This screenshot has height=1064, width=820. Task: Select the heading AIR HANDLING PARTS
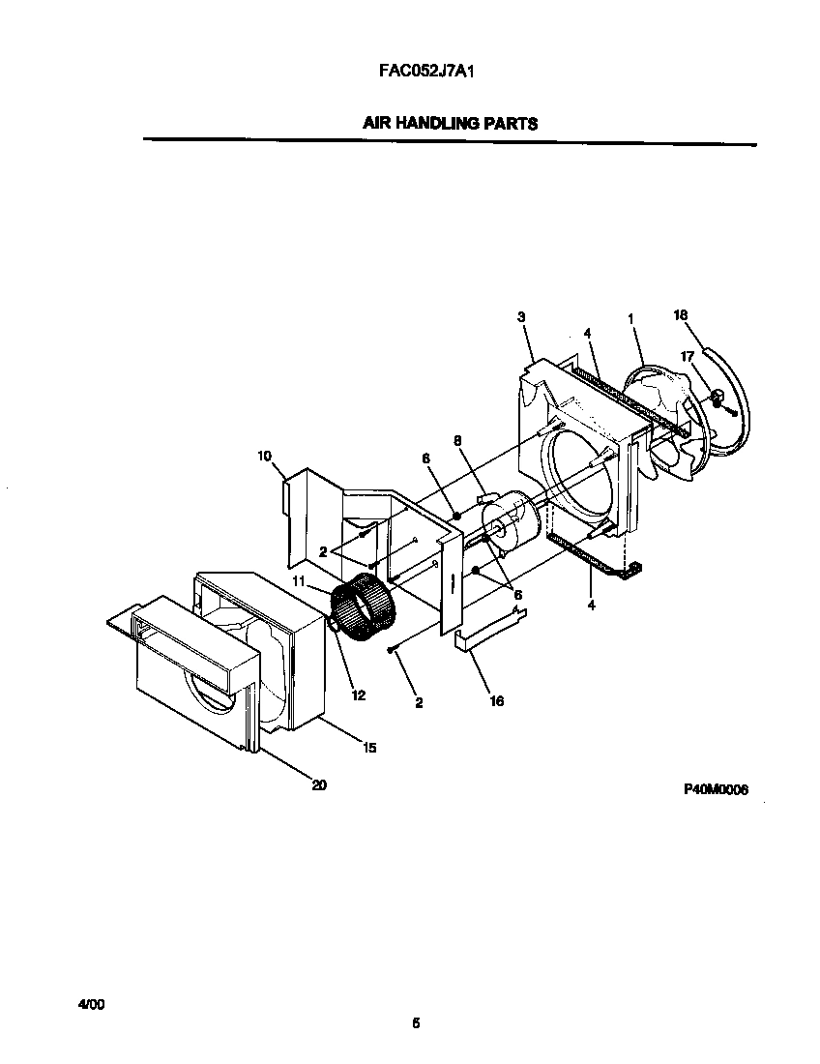coord(450,124)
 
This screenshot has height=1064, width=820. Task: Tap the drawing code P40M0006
coord(716,788)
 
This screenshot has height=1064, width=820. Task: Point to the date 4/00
coord(91,1005)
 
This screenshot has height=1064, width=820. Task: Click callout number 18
coord(680,315)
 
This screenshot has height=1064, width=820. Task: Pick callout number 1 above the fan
coord(630,318)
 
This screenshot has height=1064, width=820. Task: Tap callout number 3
coord(521,316)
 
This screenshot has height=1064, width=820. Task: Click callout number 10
coord(265,455)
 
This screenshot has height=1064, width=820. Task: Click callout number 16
coord(496,701)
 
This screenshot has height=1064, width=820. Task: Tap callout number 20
coord(318,785)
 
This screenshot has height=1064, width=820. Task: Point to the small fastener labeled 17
coord(718,397)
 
